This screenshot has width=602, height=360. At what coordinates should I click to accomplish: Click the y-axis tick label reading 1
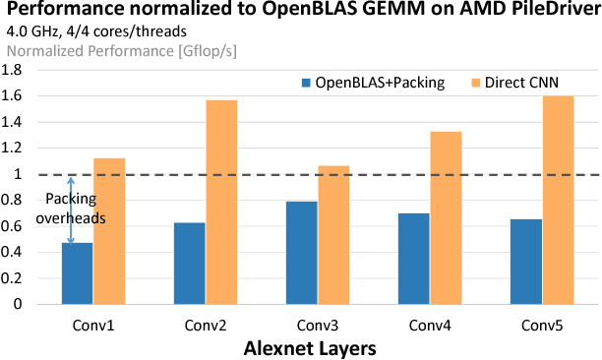[x=17, y=174]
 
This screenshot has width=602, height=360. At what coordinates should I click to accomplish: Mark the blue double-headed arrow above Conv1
[x=71, y=210]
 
